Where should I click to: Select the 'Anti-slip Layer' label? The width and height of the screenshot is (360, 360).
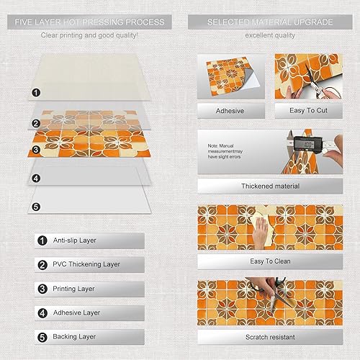click(x=78, y=241)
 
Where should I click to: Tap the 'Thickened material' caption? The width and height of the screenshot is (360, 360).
click(x=270, y=186)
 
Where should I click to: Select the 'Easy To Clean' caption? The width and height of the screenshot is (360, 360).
click(x=270, y=261)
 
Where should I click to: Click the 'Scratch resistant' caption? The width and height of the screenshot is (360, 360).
click(x=270, y=336)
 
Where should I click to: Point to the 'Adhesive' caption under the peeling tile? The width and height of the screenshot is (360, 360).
click(x=230, y=111)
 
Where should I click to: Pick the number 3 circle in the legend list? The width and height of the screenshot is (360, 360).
click(x=42, y=289)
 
